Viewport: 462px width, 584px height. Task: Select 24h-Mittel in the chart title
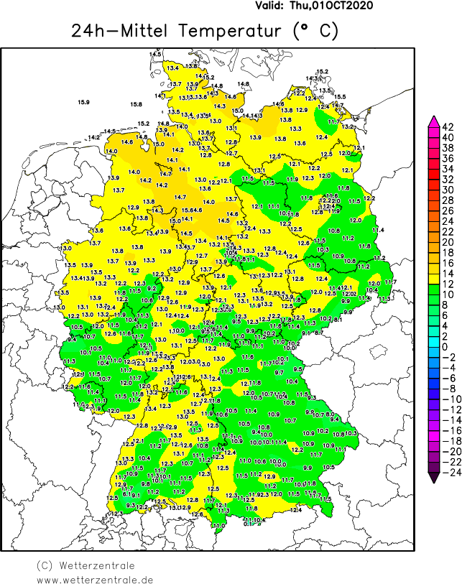pos(120,31)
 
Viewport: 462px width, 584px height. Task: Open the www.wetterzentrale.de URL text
pos(95,578)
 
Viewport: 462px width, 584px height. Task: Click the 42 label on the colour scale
pos(448,127)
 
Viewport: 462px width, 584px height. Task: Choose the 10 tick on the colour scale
pos(448,295)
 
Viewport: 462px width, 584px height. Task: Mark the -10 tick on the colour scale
pos(450,399)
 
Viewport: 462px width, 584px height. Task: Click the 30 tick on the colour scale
pos(448,190)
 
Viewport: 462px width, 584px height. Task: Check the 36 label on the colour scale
pos(448,159)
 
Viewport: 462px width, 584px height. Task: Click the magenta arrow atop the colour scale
pos(433,121)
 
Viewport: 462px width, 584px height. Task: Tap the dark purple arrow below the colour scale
pos(433,473)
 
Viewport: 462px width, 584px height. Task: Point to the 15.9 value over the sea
pos(83,103)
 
